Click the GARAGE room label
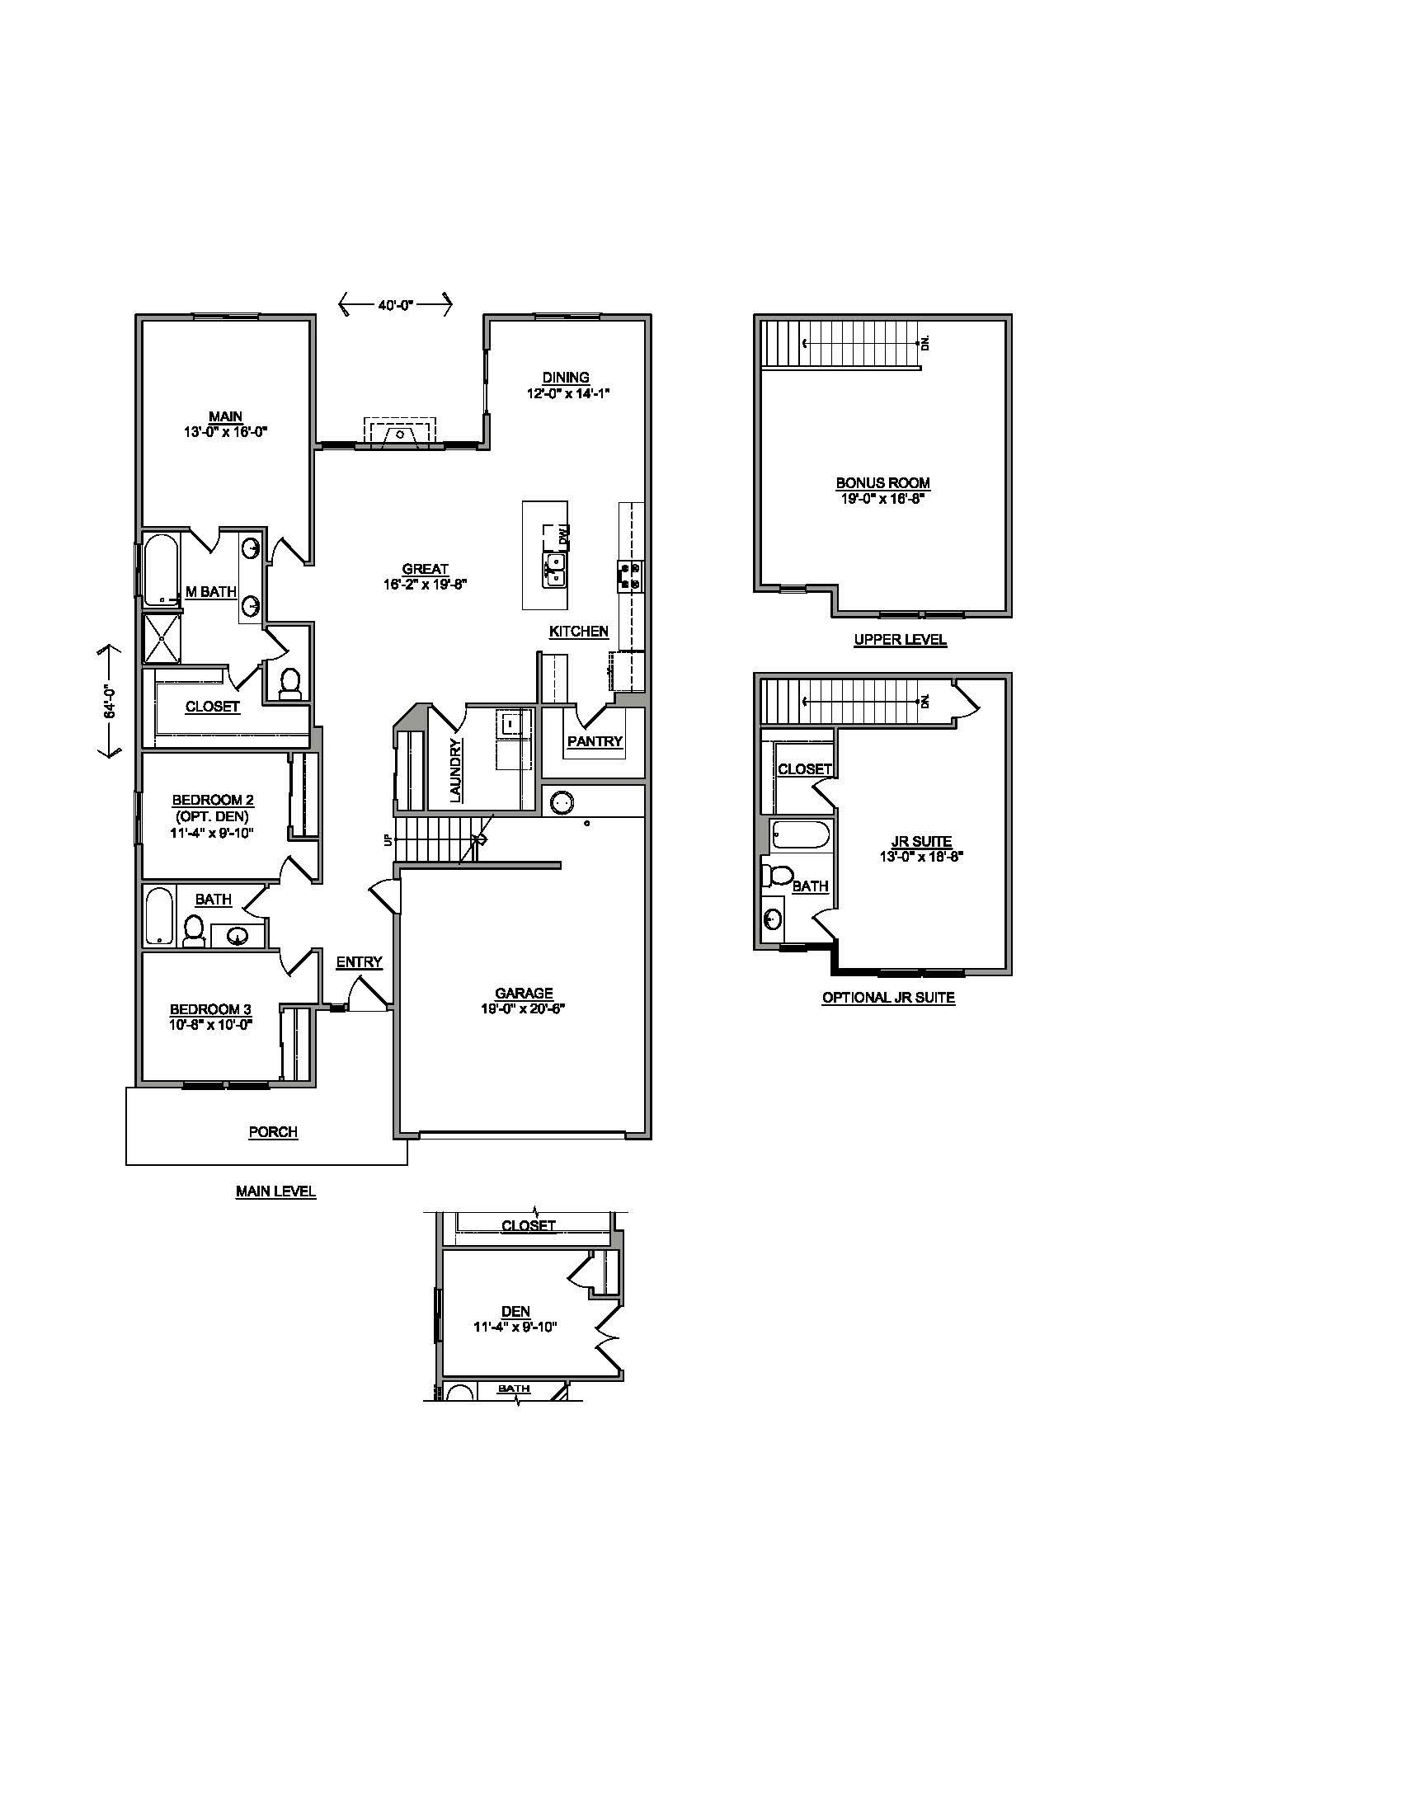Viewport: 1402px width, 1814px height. [x=523, y=994]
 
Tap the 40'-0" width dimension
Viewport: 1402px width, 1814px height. [x=395, y=305]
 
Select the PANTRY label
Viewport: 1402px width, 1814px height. [x=595, y=742]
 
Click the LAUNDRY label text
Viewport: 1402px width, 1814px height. [x=454, y=770]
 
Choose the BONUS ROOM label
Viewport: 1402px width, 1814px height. [x=882, y=482]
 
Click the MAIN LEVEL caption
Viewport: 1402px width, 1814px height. [x=275, y=1191]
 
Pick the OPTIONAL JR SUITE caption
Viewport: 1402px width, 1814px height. [x=888, y=998]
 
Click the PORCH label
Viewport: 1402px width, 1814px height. [x=273, y=1132]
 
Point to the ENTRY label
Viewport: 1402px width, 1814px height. [x=359, y=961]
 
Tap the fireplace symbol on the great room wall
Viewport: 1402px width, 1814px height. [x=399, y=433]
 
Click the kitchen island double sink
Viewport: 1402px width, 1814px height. [x=554, y=570]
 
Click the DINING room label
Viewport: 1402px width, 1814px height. [x=567, y=377]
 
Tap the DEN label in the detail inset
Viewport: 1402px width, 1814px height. [x=515, y=1312]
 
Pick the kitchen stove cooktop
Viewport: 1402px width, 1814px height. [x=628, y=576]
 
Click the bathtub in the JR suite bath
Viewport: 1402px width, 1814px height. [x=800, y=834]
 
